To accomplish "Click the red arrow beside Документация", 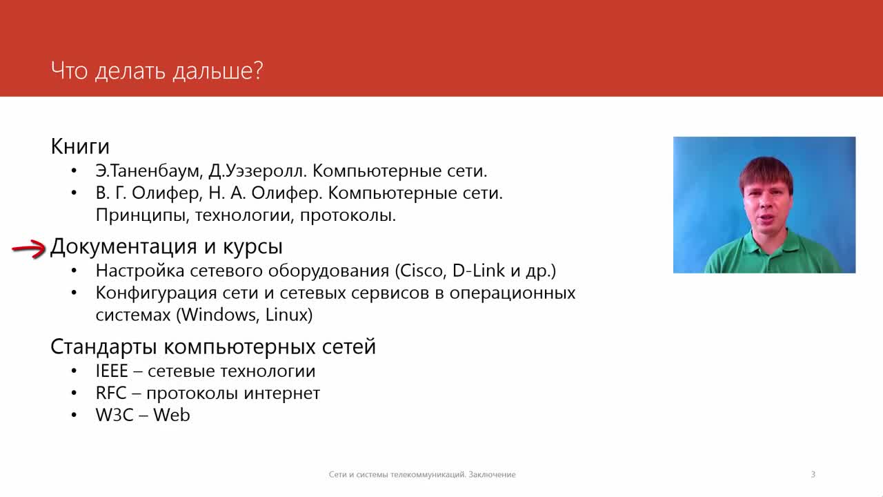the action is point(29,249).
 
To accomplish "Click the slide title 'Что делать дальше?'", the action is point(157,71).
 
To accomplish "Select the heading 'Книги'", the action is point(80,147).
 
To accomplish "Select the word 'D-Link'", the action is point(479,271).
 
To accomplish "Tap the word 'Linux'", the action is point(286,315).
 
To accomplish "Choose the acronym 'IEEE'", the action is point(112,371).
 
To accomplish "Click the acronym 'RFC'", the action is point(111,393).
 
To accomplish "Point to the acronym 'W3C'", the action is point(115,416).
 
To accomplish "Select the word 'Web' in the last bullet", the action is point(172,416).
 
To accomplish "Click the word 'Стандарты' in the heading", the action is point(104,347).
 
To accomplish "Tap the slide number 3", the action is point(813,474).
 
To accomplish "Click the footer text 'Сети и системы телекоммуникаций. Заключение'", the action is point(422,474).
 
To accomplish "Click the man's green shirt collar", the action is point(768,244).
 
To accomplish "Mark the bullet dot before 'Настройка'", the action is point(74,271).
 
